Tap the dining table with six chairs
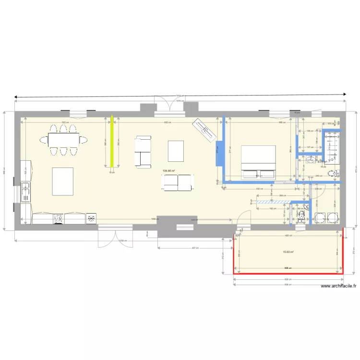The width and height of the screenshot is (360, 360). (x=67, y=140)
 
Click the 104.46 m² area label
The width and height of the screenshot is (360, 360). (x=168, y=171)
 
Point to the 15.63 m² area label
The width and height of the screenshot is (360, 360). (x=288, y=252)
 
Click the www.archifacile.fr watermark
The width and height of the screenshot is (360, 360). (x=338, y=287)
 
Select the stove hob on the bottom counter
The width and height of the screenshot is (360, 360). (x=59, y=218)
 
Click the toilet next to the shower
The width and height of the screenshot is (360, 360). (x=332, y=173)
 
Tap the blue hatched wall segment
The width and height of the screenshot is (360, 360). (x=272, y=202)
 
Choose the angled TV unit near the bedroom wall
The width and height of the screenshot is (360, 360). (x=204, y=130)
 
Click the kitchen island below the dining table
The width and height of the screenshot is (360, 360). (x=62, y=181)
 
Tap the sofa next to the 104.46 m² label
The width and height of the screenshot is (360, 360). (x=177, y=181)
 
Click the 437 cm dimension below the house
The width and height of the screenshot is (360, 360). (x=194, y=248)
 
